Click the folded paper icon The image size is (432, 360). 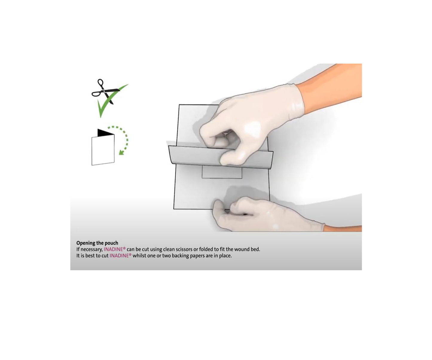103,147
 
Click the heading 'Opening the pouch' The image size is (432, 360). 97,243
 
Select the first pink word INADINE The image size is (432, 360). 113,249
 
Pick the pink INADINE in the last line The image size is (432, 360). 119,256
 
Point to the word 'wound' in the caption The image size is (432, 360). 242,249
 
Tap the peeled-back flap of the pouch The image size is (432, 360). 221,155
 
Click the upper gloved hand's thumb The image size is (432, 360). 230,157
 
